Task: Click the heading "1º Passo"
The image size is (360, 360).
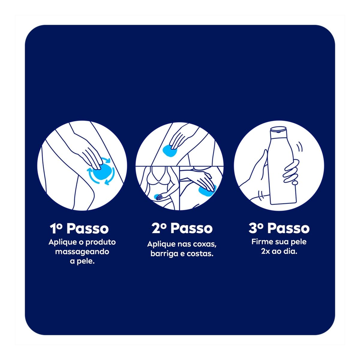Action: click(x=79, y=228)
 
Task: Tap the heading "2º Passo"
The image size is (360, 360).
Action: click(x=182, y=228)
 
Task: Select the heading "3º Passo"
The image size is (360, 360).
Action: click(x=279, y=228)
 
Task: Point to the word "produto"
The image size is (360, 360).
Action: click(x=101, y=242)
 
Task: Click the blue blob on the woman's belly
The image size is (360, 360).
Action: click(x=158, y=196)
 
